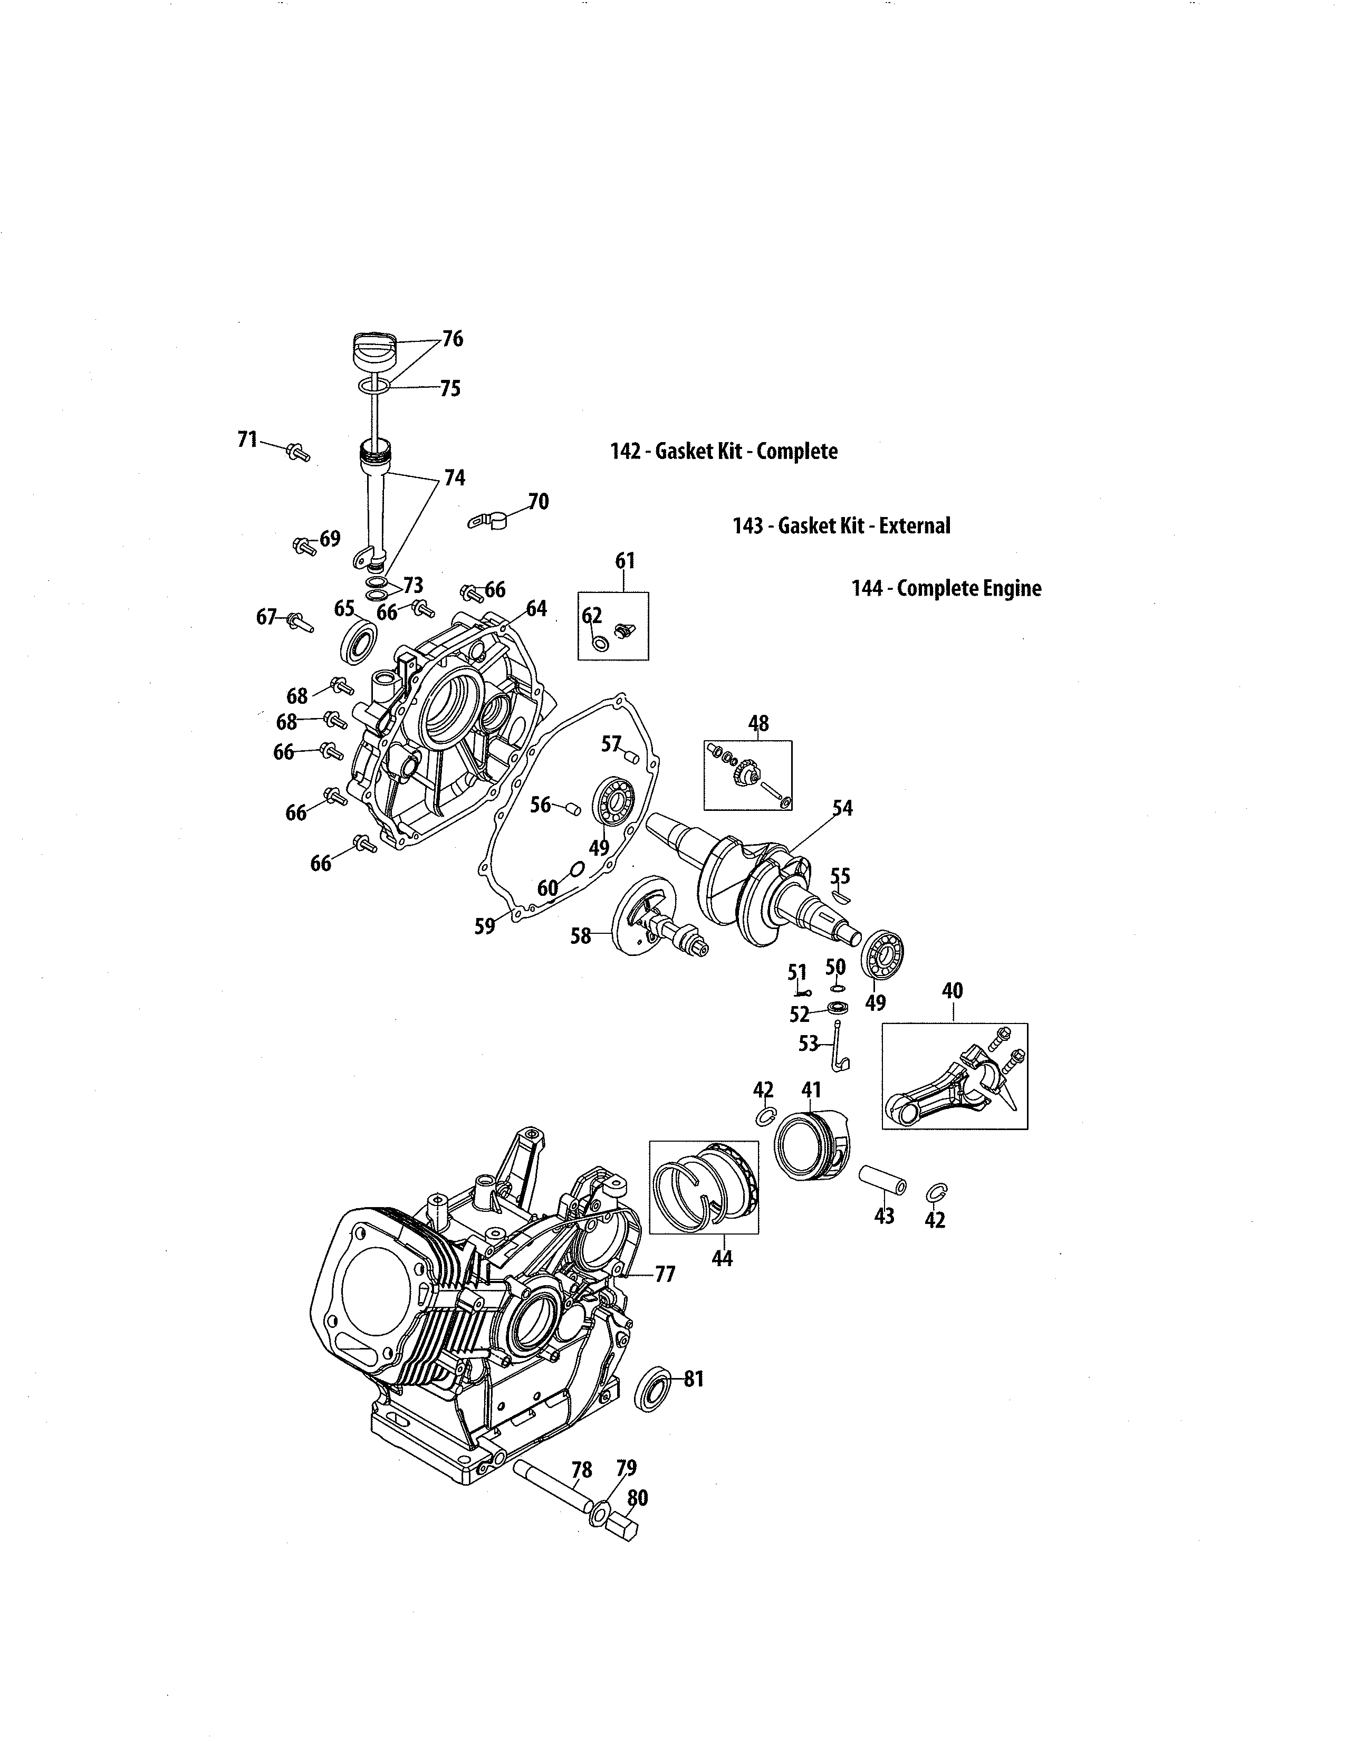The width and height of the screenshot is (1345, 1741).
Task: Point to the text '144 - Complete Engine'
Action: [946, 588]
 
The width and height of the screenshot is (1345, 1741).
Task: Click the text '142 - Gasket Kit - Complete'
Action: [724, 451]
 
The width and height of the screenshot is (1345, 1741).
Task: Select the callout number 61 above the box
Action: [625, 561]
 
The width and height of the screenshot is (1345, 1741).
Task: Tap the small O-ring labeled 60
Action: [578, 867]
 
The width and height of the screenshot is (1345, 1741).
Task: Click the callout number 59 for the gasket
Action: [484, 926]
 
